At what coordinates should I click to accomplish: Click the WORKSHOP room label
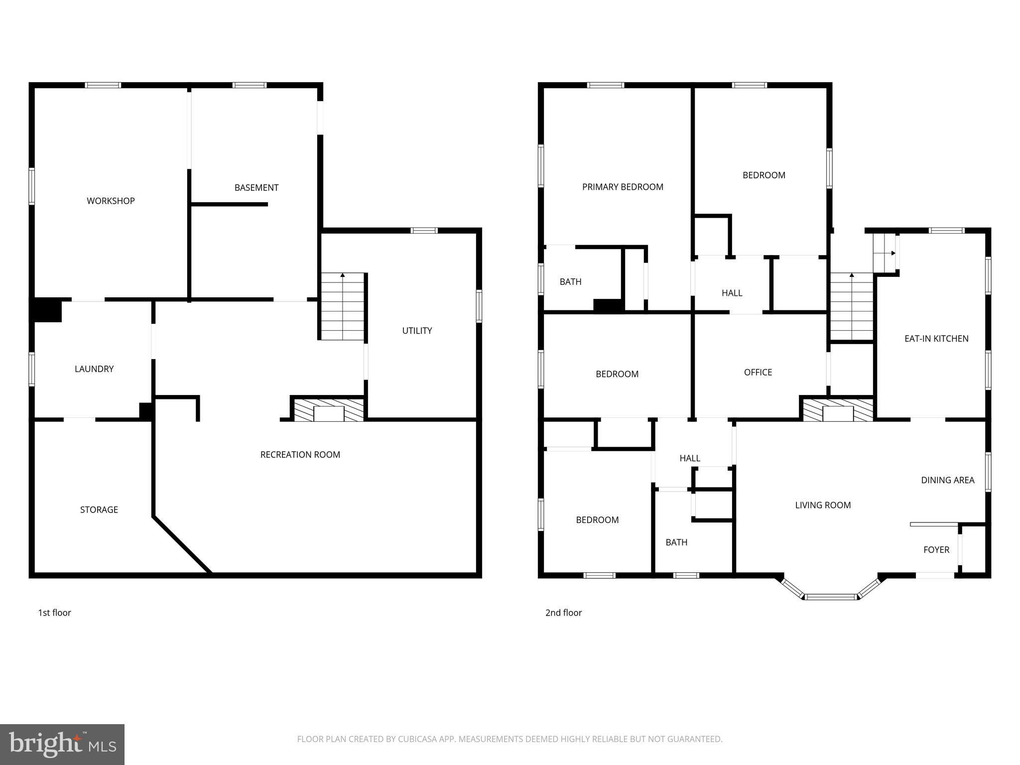point(111,201)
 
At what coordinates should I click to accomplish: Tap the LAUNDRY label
point(94,369)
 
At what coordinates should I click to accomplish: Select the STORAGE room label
point(99,510)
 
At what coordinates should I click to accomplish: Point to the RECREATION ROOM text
point(300,455)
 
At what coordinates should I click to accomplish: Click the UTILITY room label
point(417,331)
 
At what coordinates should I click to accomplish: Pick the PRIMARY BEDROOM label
point(623,187)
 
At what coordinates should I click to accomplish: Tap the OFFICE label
point(758,373)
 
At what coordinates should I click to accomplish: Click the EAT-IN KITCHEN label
point(936,339)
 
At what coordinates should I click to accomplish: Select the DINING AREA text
point(947,480)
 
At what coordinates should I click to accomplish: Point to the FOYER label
point(936,550)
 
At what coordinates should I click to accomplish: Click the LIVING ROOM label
point(823,505)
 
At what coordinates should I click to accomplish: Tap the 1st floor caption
point(55,613)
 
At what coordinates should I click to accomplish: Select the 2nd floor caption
point(563,613)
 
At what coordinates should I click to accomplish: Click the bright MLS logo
point(62,744)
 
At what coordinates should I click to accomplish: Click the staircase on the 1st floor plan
point(343,307)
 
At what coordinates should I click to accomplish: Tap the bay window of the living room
point(831,596)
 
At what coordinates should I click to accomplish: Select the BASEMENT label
point(256,188)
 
